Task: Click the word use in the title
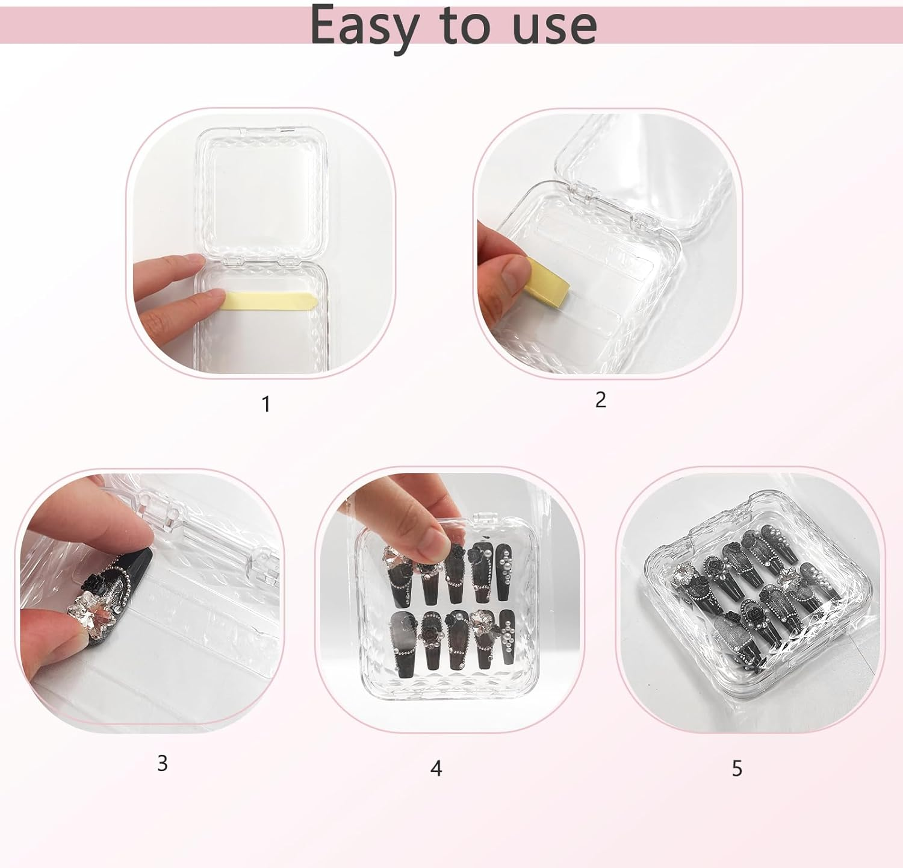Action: [554, 26]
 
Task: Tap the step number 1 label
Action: [266, 404]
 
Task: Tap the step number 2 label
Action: [600, 399]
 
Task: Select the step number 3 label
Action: [162, 763]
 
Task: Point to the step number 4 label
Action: [436, 768]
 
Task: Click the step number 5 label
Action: [737, 768]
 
